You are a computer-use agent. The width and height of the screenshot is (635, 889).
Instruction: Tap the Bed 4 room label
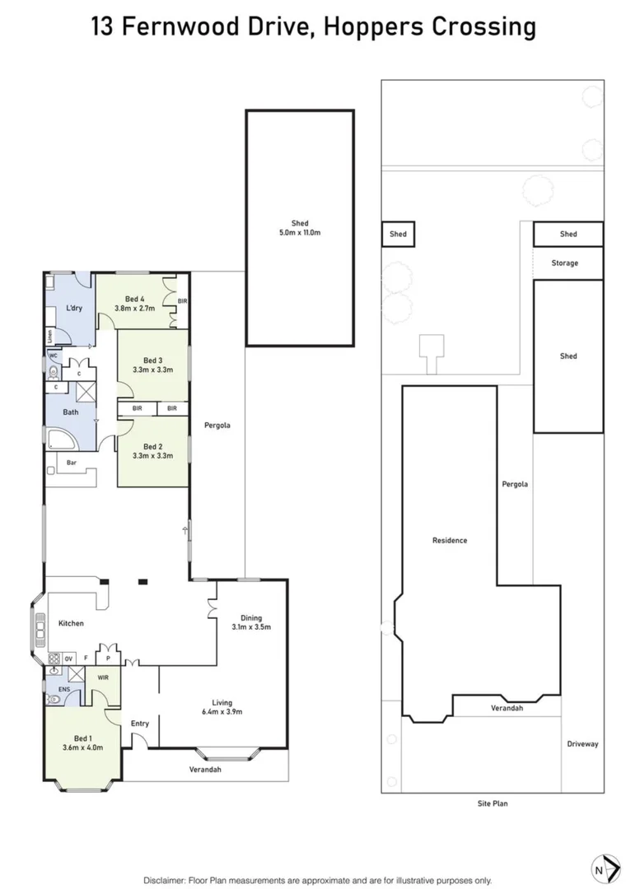click(136, 299)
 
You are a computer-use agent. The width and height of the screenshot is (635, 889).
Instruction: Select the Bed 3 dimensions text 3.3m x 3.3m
click(153, 371)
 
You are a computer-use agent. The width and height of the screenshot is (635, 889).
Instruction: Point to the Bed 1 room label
click(82, 738)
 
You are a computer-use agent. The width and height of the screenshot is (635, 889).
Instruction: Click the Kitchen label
click(71, 623)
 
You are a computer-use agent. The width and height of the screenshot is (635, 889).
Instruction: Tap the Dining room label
click(251, 617)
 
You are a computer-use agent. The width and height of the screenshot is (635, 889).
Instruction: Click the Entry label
click(140, 724)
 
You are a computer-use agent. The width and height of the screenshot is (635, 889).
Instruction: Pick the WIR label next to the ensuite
click(103, 677)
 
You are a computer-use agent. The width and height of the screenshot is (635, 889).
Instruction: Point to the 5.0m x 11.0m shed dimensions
click(300, 233)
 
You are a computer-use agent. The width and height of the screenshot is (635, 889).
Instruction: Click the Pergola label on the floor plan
click(218, 426)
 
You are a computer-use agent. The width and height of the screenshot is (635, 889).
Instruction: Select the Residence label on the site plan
click(450, 541)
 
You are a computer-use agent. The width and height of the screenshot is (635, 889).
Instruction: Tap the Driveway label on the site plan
click(582, 744)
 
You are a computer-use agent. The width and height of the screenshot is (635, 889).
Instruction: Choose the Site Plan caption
click(493, 803)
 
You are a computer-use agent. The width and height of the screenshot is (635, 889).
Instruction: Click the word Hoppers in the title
click(362, 27)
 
